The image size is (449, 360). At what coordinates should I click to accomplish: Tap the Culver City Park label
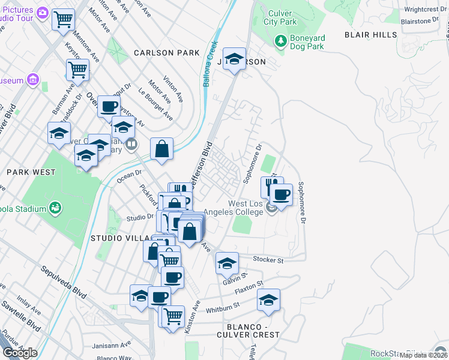280,17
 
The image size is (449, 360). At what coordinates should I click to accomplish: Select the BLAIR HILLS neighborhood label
370,35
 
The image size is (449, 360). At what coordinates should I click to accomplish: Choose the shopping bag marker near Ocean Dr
162,149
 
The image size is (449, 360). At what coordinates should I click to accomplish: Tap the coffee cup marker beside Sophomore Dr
280,194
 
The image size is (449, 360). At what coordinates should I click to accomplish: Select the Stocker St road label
268,260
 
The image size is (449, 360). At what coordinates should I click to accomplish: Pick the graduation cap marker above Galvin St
227,263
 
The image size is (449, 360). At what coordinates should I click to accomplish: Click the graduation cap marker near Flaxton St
268,300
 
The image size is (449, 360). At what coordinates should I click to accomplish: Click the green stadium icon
55,208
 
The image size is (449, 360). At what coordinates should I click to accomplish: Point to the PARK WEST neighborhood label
31,172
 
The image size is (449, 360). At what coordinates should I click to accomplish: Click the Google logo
20,353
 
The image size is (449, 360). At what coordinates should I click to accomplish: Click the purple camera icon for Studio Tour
42,13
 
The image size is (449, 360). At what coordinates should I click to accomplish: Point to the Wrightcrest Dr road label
424,10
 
